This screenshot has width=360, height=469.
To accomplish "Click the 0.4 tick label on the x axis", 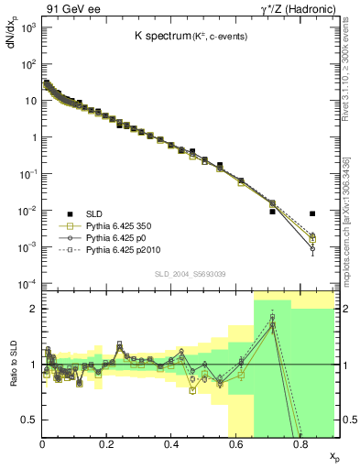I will [x=171, y=446].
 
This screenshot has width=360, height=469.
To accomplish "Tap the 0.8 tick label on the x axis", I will [x=300, y=446].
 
